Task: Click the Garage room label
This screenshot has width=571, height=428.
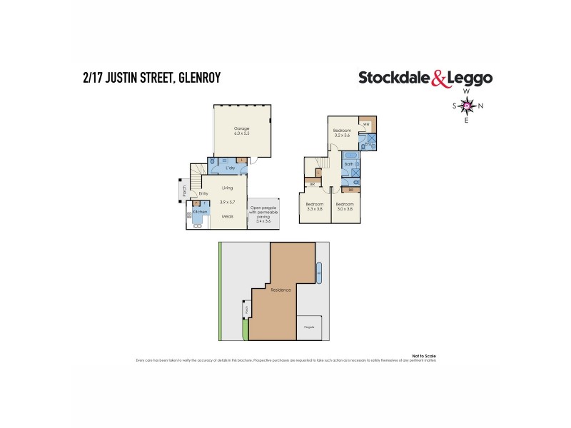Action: [x=242, y=129]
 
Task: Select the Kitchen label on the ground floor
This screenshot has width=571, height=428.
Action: [x=201, y=211]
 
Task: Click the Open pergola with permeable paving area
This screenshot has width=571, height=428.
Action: [x=263, y=214]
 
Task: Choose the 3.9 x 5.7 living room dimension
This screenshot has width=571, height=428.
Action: [x=227, y=203]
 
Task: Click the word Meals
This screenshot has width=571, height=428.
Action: [x=227, y=216]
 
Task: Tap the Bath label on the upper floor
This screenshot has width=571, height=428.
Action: [x=348, y=164]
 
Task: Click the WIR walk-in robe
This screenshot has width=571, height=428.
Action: [x=366, y=125]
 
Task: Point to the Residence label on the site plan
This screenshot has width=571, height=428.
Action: [x=279, y=290]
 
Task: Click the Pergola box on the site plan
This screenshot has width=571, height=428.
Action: [x=309, y=327]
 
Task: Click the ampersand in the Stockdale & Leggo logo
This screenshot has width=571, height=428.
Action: [x=441, y=78]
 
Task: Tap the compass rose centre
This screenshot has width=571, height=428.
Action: [x=467, y=106]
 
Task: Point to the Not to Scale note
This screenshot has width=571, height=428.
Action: [x=423, y=355]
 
